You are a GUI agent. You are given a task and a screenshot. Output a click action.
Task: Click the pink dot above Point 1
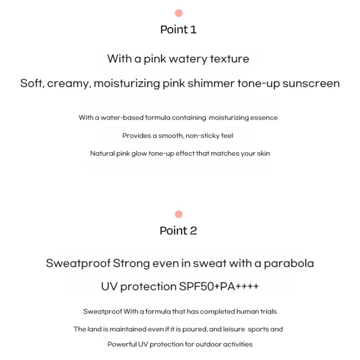[x=179, y=13]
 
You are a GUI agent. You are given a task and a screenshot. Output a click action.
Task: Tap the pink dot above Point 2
[x=179, y=214]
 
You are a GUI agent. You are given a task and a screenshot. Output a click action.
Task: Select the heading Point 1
[x=178, y=30]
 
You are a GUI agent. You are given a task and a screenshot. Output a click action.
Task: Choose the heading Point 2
[x=178, y=231]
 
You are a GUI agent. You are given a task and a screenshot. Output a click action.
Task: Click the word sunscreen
[x=311, y=84]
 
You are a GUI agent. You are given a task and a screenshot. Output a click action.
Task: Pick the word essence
[x=264, y=118]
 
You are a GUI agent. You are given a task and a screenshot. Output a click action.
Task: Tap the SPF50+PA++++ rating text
[x=219, y=287]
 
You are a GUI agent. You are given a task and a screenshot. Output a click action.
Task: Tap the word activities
[x=238, y=344]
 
